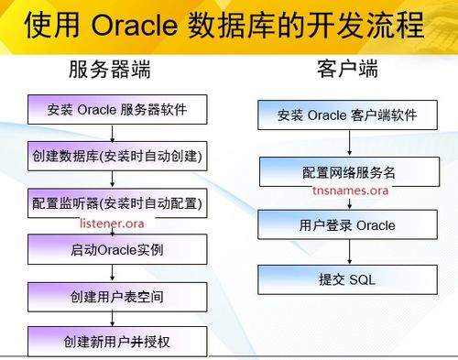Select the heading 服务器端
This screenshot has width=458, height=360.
tap(109, 71)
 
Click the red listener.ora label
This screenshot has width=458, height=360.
tap(113, 223)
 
